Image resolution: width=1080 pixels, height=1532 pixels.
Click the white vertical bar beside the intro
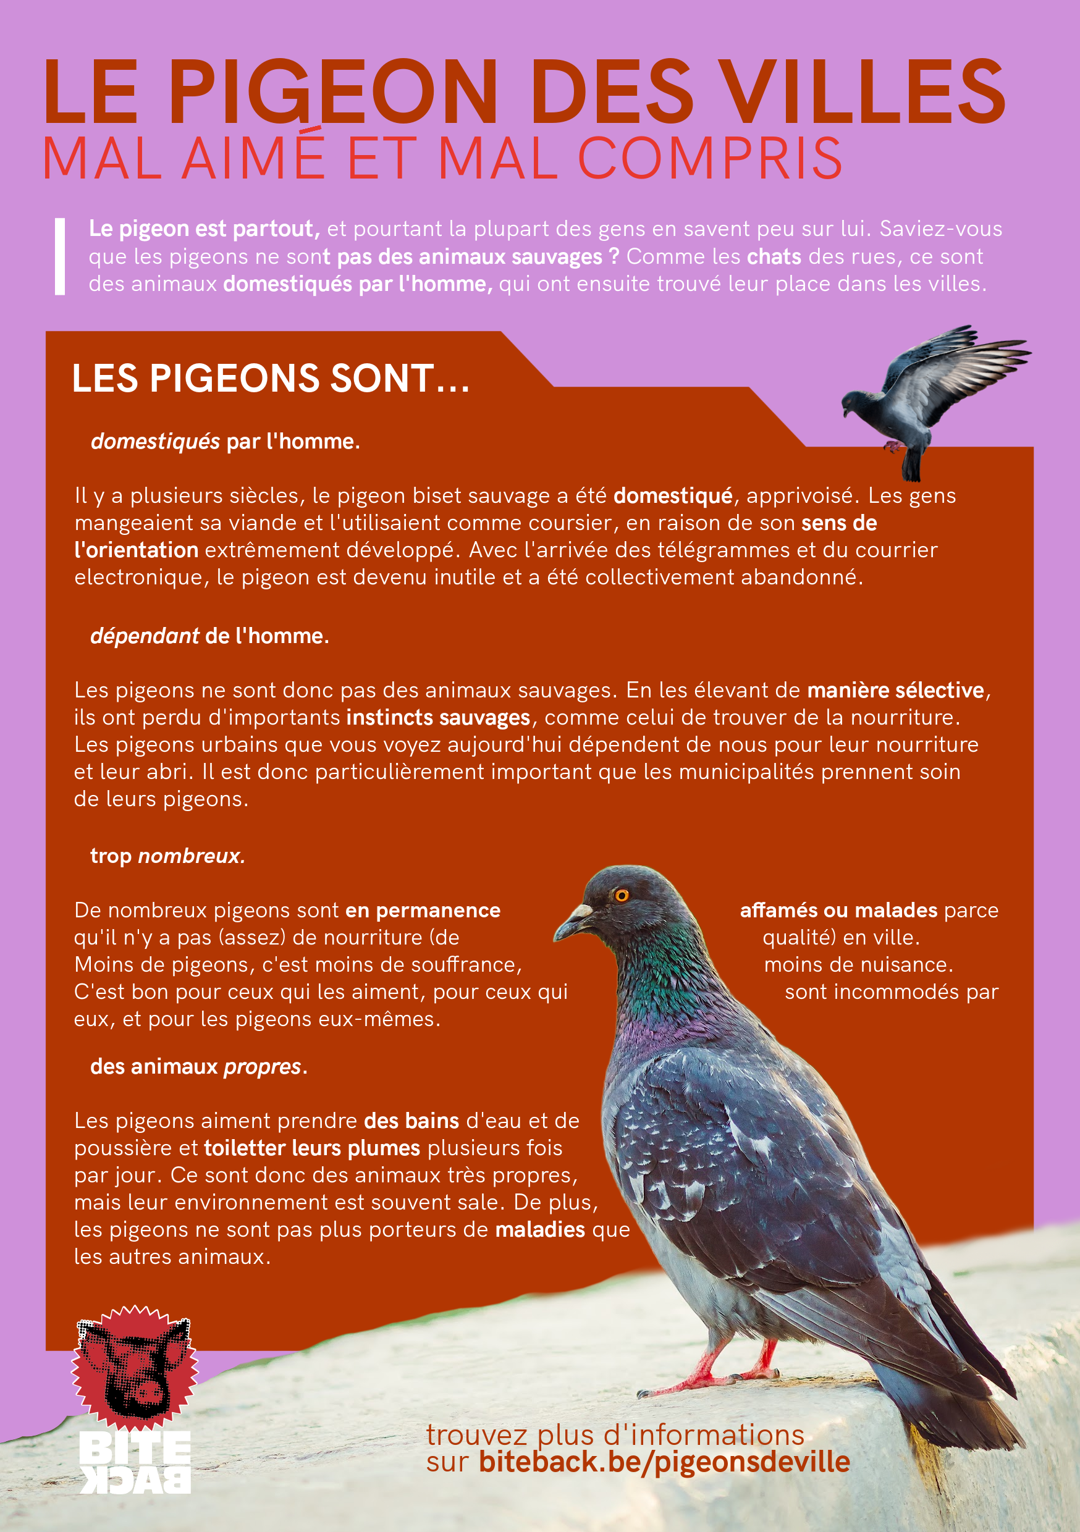(60, 256)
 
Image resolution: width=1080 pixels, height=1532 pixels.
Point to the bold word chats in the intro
(774, 257)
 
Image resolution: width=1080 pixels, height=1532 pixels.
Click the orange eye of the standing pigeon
(622, 894)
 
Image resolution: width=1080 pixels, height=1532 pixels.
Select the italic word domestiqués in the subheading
(155, 442)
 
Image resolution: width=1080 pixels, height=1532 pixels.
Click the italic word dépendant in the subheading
(144, 636)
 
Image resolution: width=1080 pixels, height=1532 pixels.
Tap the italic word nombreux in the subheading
(191, 856)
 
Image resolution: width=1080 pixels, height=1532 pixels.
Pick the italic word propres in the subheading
(263, 1067)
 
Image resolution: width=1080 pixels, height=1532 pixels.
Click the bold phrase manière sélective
(895, 691)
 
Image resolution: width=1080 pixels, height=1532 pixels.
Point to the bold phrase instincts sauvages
(438, 718)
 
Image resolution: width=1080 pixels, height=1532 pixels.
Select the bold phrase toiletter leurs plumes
(312, 1148)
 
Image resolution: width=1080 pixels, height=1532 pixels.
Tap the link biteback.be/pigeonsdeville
(664, 1462)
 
